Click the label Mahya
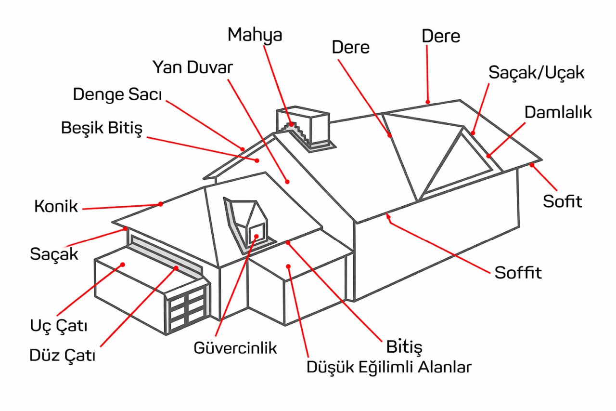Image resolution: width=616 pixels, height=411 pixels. [x=255, y=36]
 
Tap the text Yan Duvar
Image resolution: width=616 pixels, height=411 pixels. [x=192, y=67]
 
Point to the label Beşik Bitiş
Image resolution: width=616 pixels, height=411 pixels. [x=102, y=129]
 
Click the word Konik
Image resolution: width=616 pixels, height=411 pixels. [x=56, y=207]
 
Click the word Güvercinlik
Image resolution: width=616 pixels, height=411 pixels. [x=235, y=347]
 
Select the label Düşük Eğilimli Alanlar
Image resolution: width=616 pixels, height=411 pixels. [x=389, y=367]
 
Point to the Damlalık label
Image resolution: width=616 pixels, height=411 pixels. [x=558, y=112]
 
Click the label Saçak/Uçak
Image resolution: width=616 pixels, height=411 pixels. [x=536, y=73]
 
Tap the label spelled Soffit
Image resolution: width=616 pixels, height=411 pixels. [x=518, y=273]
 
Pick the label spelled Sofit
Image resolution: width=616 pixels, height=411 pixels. [x=563, y=201]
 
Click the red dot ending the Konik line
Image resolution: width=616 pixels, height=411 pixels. [x=160, y=204]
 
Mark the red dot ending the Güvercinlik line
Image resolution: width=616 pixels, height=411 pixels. [x=257, y=236]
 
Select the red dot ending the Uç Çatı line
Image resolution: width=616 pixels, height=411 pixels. [x=123, y=264]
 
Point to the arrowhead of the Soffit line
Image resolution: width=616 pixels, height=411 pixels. [x=388, y=220]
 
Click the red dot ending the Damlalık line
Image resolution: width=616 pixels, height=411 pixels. [x=488, y=155]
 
